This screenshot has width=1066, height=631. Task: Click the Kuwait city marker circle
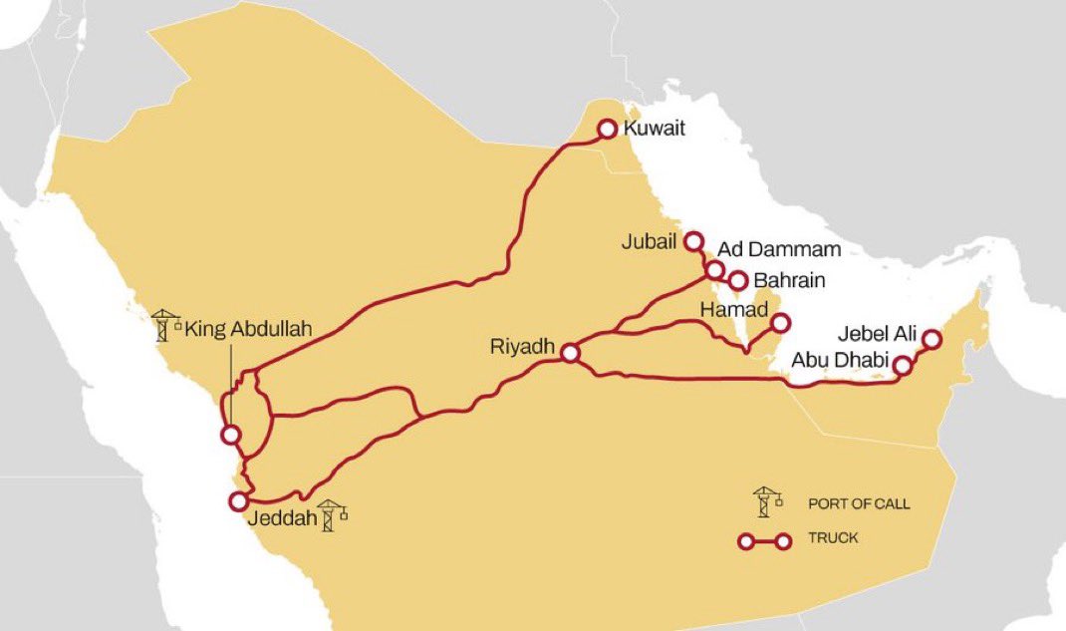606,129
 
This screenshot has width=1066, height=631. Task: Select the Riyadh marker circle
570,353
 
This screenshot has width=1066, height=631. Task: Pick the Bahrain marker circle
738,281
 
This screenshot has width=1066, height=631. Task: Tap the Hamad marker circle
780,322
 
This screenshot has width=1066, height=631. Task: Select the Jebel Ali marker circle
932,339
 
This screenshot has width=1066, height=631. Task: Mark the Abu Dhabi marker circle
902,366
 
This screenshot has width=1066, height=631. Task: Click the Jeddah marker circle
238,500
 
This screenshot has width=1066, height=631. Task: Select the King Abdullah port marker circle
230,435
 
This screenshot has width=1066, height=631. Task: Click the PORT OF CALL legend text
859,503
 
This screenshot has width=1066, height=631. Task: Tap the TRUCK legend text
833,538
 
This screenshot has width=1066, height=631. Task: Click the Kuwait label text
654,129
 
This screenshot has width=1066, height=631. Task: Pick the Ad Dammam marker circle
714,269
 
